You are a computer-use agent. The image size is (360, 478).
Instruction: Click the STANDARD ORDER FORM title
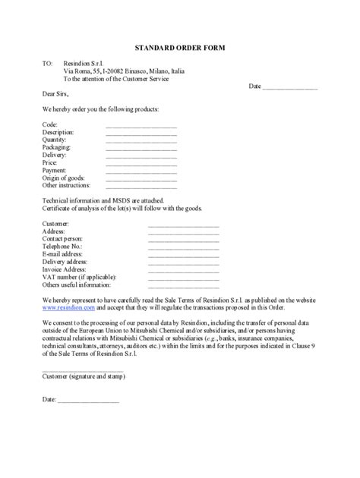coord(180,47)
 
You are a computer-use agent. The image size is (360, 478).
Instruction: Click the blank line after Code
coord(141,125)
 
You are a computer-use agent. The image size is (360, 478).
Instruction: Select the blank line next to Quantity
coord(141,142)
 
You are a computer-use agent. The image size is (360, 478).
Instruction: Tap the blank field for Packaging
coord(141,150)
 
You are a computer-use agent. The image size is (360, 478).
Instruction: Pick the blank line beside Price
coord(141,165)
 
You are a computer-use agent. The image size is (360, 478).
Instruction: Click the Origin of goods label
coord(67,177)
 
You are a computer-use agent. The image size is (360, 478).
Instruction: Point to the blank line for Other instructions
coord(141,187)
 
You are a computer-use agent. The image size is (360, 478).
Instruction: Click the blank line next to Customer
coord(183,226)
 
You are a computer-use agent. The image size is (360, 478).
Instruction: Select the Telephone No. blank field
coord(183,249)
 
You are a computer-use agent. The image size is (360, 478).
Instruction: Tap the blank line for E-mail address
coord(183,256)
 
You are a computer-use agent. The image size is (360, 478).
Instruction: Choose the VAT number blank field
coord(183,278)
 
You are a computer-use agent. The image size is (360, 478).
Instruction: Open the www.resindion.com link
coord(68,308)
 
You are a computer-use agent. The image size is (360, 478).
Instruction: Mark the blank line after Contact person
coord(183,241)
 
